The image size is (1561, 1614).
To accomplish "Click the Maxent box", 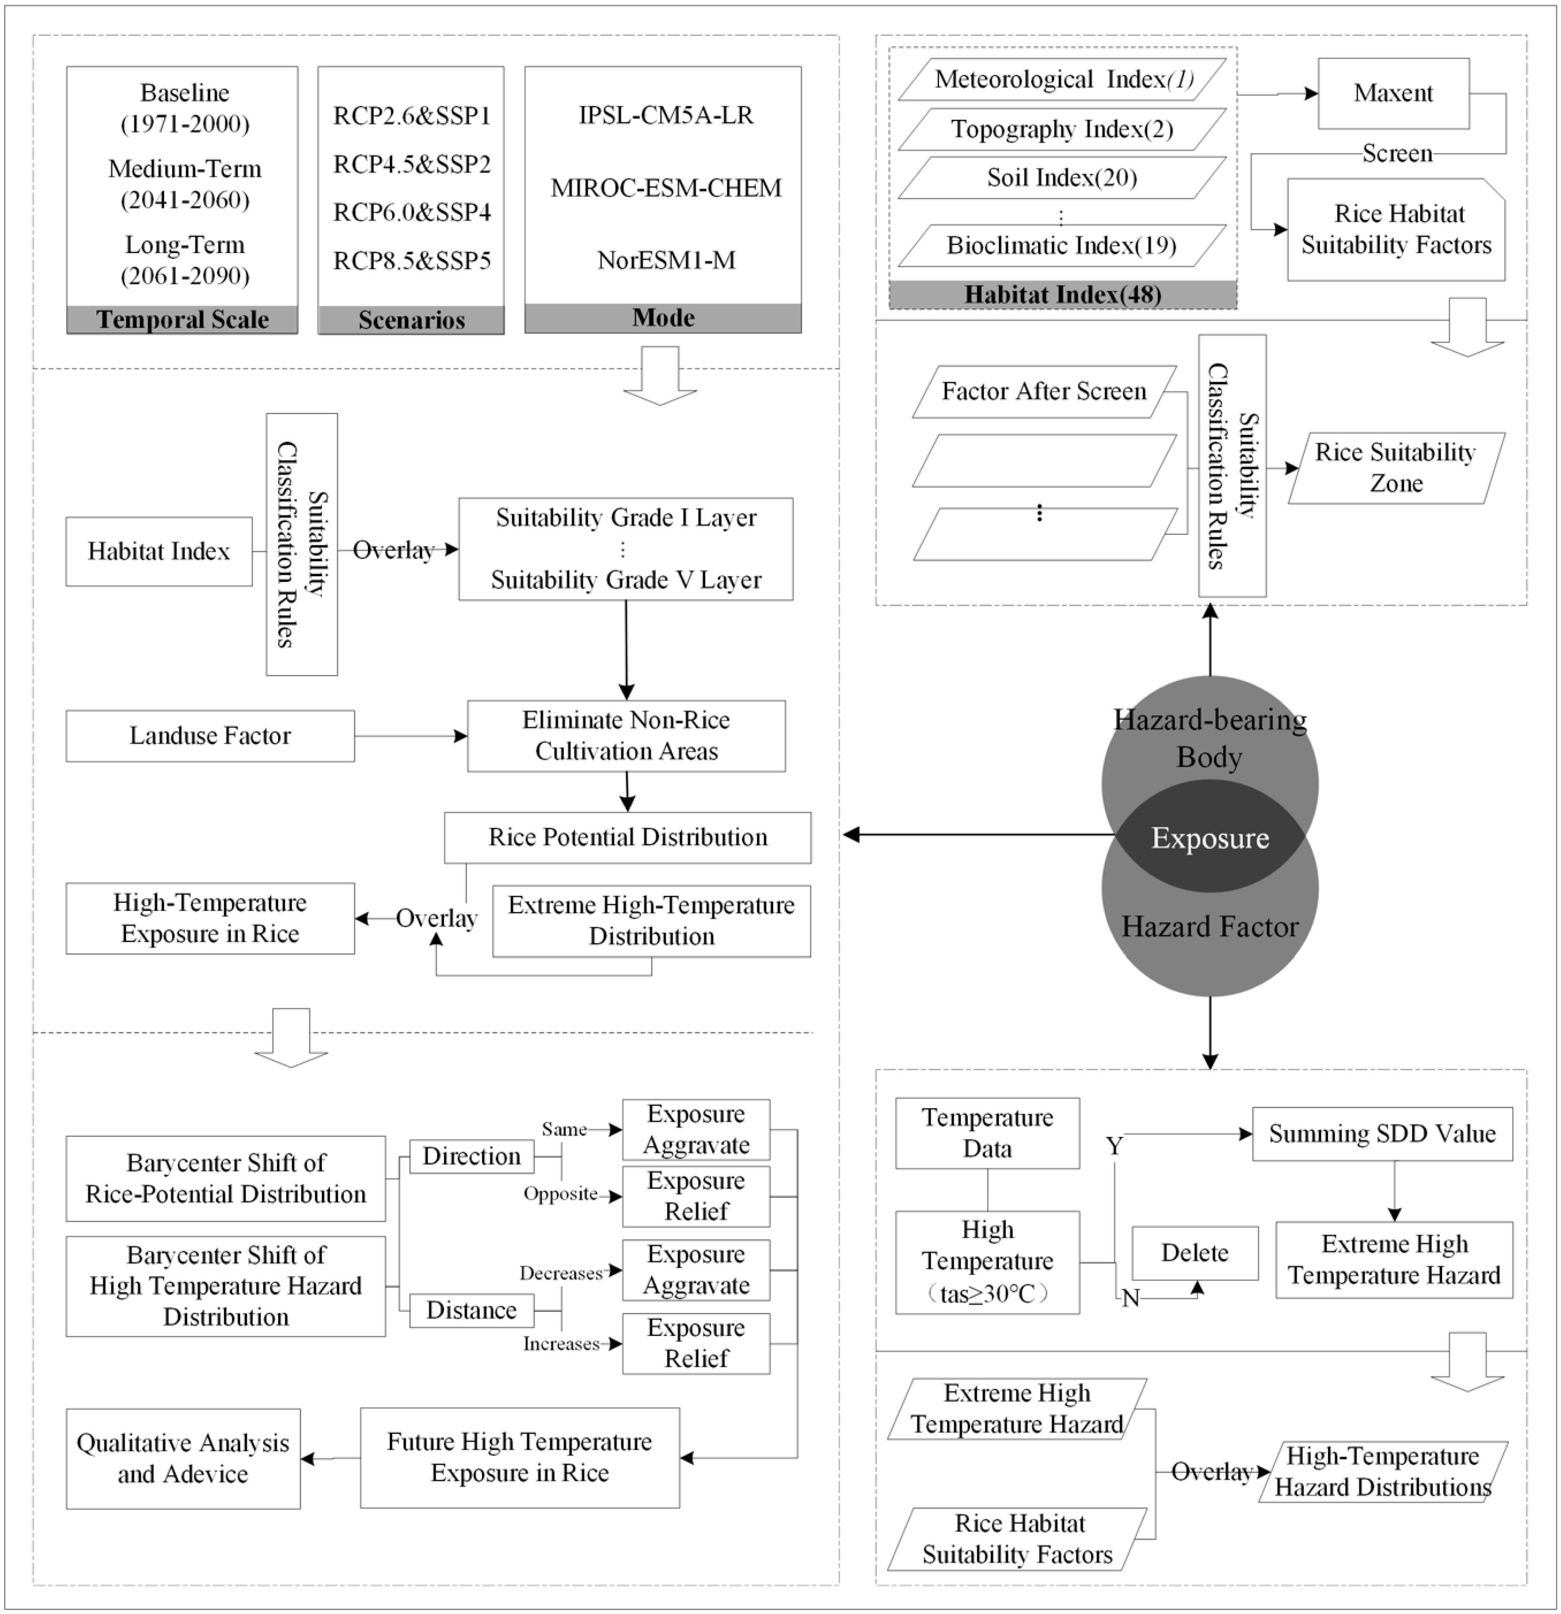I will (x=1393, y=93).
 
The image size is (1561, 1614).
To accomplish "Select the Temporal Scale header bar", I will (x=182, y=319).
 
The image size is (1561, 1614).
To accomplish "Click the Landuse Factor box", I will (x=210, y=735).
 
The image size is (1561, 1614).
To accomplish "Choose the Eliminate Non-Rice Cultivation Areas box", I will (x=626, y=735).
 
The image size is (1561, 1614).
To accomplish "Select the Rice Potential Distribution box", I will (x=627, y=837).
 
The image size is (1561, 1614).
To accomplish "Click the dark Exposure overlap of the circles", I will (x=1209, y=837).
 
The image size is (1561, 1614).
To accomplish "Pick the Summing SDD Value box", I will (x=1381, y=1134).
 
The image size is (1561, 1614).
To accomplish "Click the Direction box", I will (x=471, y=1156).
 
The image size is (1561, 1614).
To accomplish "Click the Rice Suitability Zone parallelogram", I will (x=1396, y=468).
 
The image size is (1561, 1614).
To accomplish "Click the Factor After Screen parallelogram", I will (x=1044, y=391).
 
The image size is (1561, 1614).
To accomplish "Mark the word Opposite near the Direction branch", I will (x=560, y=1194).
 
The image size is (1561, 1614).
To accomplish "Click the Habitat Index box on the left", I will (x=159, y=551).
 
